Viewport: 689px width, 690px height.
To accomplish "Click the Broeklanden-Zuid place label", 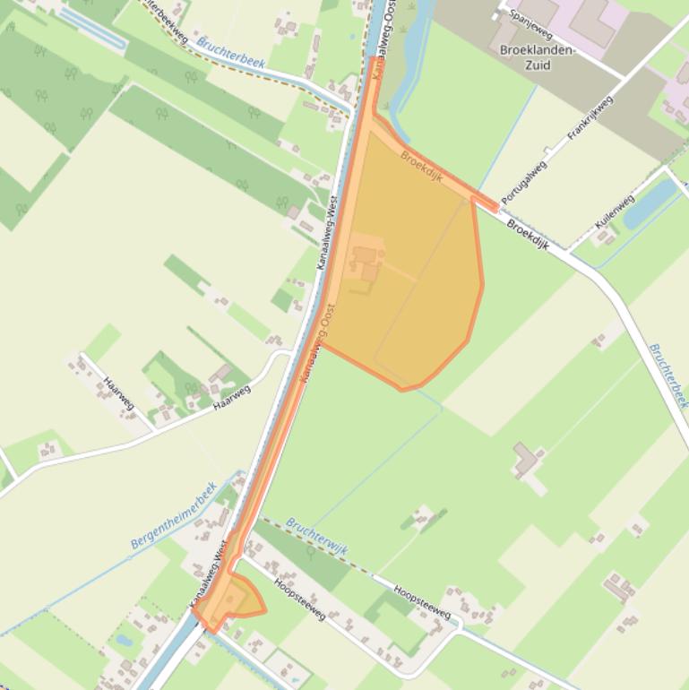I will [x=537, y=56].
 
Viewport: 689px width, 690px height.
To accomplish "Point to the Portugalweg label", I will [x=524, y=182].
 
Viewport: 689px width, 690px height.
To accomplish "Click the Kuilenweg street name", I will [x=614, y=212].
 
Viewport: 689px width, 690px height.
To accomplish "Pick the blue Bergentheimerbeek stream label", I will [x=175, y=516].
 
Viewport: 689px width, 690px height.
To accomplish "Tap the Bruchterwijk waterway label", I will [x=316, y=530].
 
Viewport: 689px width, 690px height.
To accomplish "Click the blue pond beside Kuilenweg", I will [x=650, y=204].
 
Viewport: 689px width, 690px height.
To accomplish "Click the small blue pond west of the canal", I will [x=124, y=641].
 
